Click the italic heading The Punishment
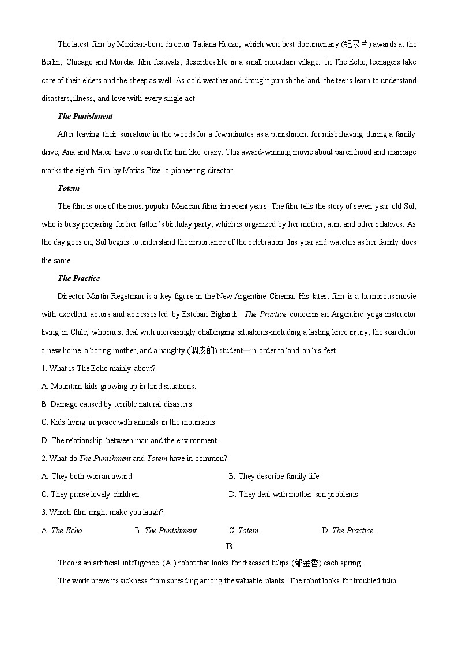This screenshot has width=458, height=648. coord(85,117)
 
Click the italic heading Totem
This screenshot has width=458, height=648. coord(69,189)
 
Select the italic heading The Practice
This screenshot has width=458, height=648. coord(78,279)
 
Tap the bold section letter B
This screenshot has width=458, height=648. coord(229,546)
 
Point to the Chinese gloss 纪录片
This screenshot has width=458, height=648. coord(356,44)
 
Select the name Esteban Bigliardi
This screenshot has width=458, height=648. coord(207,314)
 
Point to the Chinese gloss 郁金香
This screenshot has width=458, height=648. coord(306,563)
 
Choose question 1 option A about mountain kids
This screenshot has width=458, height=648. coord(119,387)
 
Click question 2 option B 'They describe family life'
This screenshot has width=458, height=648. coord(275,477)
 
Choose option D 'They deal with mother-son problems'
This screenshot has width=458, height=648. coord(294,495)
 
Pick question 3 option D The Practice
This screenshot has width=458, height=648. coord(348,531)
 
